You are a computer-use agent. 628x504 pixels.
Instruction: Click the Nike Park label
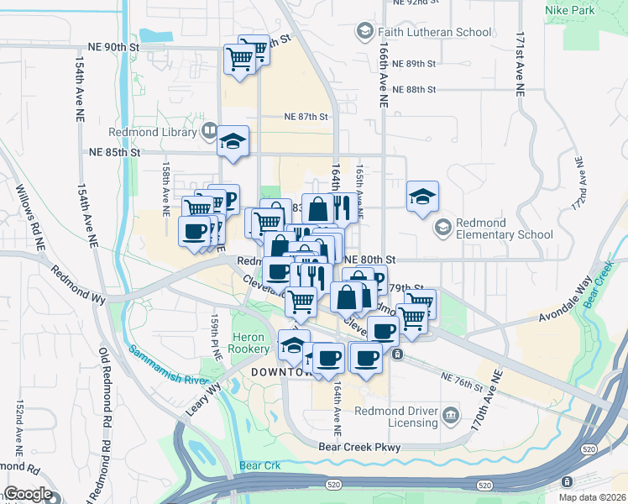click(593, 11)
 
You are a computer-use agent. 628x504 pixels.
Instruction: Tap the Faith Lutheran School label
click(434, 33)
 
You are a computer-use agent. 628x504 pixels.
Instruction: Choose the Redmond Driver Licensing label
click(396, 417)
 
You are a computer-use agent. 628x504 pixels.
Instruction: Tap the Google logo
click(28, 494)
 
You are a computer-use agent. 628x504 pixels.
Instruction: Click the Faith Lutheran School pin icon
click(364, 33)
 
